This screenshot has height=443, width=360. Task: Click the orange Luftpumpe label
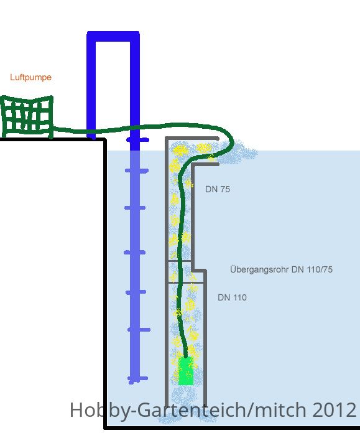point(30,77)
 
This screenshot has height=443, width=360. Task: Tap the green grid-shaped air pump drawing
point(27,117)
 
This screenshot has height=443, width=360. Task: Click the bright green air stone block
point(186,371)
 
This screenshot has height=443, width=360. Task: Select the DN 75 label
point(218,189)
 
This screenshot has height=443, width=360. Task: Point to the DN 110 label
point(232,297)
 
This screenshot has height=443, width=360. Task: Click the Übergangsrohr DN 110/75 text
point(281,269)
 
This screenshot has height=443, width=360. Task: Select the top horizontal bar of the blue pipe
point(113,37)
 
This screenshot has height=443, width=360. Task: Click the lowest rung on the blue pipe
point(138,378)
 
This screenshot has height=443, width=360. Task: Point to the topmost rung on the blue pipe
point(138,139)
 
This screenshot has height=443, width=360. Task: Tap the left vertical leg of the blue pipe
point(91,85)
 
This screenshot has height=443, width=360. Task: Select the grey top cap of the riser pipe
point(192,138)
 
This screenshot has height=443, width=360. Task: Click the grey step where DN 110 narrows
point(199,271)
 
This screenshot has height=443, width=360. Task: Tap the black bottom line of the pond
point(232,427)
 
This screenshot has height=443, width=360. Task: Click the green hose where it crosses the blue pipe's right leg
point(135,128)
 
